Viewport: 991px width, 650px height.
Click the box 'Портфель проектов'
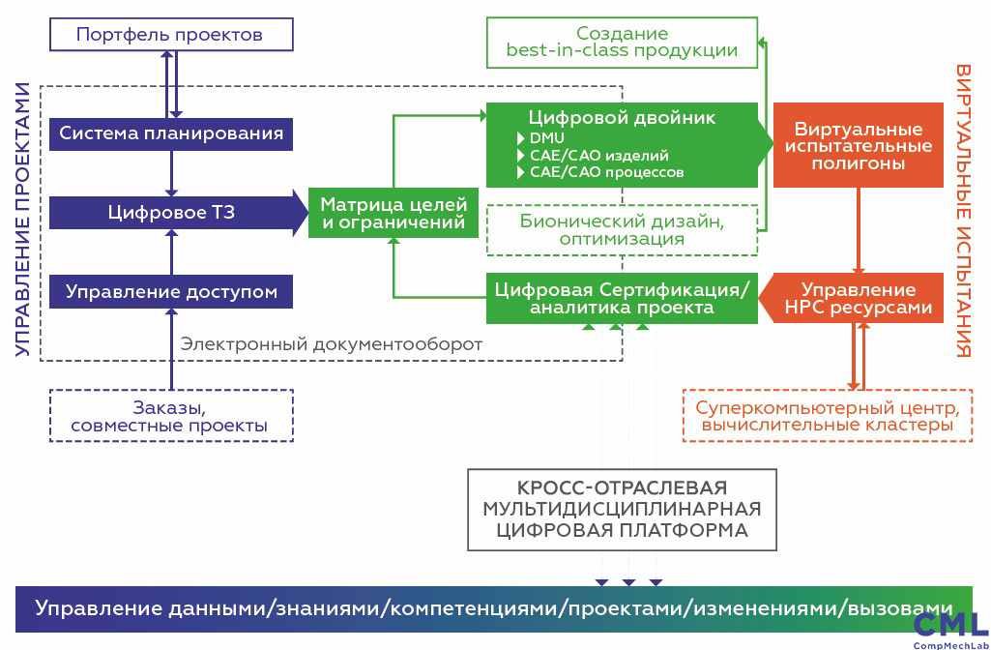pyautogui.click(x=170, y=36)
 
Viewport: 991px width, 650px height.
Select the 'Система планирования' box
pyautogui.click(x=171, y=133)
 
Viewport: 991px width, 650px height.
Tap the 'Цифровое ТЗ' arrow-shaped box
pyautogui.click(x=171, y=213)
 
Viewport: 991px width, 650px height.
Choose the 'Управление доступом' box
pyautogui.click(x=171, y=291)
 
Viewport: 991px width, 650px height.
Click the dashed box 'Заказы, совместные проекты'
pyautogui.click(x=170, y=416)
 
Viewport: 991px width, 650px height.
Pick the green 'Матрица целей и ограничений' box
pyautogui.click(x=393, y=214)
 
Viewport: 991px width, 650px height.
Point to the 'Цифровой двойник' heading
pyautogui.click(x=622, y=118)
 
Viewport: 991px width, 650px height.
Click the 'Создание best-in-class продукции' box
pyautogui.click(x=622, y=42)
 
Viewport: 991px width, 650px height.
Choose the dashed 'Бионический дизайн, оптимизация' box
pyautogui.click(x=622, y=230)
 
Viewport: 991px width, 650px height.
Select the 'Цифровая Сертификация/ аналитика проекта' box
pyautogui.click(x=622, y=298)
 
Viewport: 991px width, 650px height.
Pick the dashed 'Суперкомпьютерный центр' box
pyautogui.click(x=827, y=416)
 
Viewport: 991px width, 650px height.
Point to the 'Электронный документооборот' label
pyautogui.click(x=332, y=343)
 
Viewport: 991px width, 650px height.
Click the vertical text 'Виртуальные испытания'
pyautogui.click(x=963, y=211)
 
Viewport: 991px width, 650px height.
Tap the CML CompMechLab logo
pyautogui.click(x=950, y=629)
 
